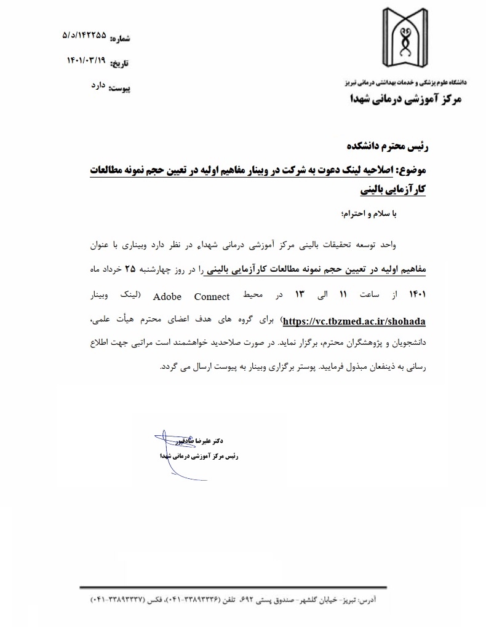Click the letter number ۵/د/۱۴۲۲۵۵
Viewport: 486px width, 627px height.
pyautogui.click(x=84, y=35)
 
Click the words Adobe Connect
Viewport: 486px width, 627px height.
pyautogui.click(x=191, y=296)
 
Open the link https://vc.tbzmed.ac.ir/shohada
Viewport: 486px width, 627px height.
pyautogui.click(x=354, y=321)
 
